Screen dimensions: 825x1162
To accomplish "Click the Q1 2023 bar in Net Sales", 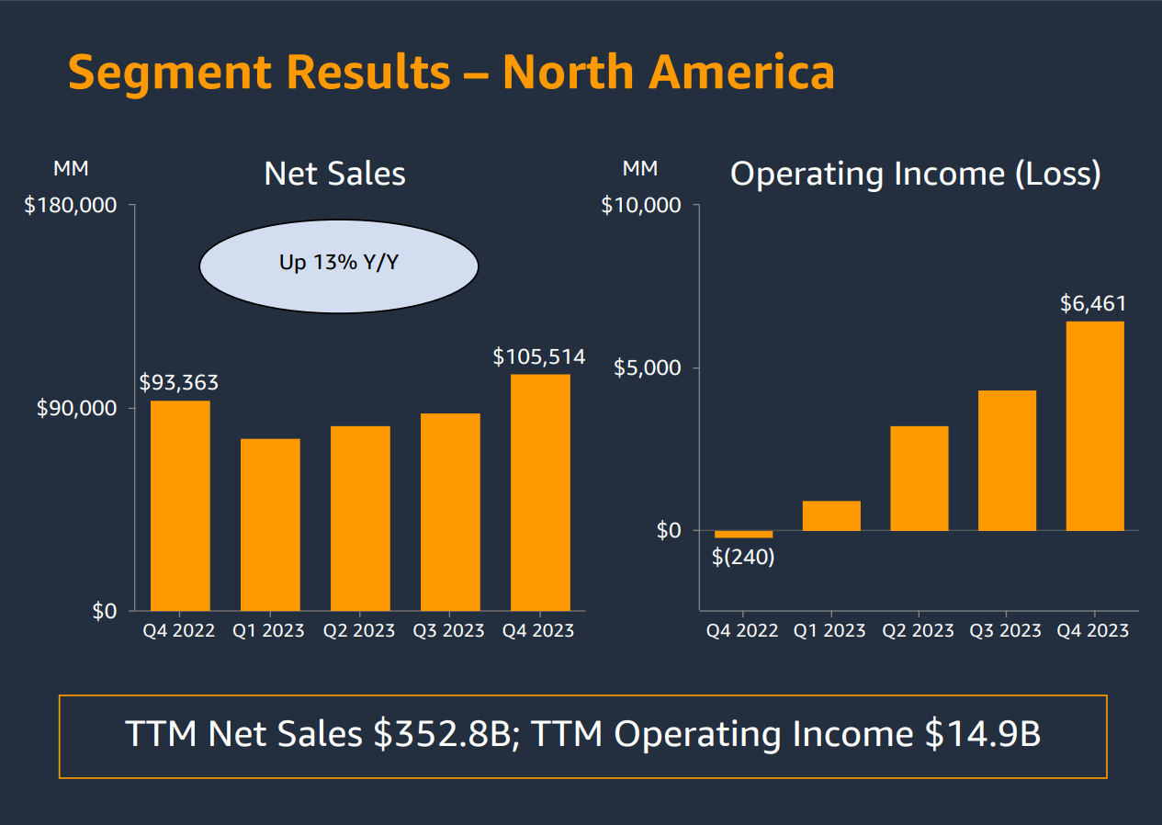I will (270, 525).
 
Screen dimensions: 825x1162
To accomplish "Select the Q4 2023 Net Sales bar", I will (540, 492).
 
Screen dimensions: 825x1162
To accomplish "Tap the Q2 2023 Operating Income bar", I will (919, 479).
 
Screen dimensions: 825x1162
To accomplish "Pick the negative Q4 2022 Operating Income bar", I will (743, 534).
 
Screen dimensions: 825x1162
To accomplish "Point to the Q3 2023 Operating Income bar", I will (1007, 461).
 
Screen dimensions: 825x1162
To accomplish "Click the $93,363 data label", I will (179, 382).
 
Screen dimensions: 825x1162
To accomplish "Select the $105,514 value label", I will (539, 356).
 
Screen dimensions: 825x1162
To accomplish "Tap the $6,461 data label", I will (1093, 303).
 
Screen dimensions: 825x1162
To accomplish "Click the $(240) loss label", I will (743, 557).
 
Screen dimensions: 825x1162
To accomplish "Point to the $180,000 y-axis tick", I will (71, 205).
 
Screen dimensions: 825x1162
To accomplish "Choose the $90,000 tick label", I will (77, 408).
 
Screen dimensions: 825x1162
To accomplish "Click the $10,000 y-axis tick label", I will (641, 205).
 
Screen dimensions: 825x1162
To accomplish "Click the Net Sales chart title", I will (334, 174).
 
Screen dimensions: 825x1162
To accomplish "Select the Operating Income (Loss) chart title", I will (915, 174).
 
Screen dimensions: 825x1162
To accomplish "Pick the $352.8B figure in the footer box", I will (442, 735).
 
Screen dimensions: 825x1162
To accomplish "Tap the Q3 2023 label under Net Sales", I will (448, 630).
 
